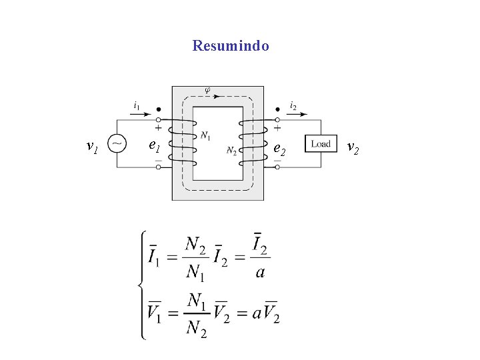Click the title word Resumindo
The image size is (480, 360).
point(231,46)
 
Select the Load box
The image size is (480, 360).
point(321,144)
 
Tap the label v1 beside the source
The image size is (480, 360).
point(93,145)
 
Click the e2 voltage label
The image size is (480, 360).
point(279,149)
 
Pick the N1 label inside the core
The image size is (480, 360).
point(205,136)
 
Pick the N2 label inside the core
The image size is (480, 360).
point(231,151)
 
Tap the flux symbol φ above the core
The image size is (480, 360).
point(207,89)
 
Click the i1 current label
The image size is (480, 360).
point(137,105)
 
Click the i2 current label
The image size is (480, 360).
point(293,105)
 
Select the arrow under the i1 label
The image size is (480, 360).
point(141,114)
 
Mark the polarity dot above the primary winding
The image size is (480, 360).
point(158,109)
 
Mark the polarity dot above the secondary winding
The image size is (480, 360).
point(277,109)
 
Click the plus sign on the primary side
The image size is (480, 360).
point(158,127)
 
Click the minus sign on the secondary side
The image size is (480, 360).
point(277,161)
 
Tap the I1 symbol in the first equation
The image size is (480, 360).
point(154,255)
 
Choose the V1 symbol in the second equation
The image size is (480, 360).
point(154,312)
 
